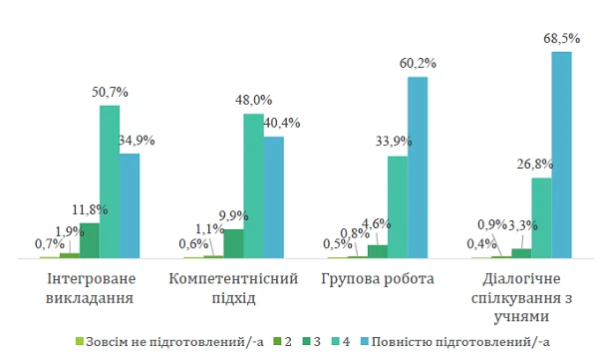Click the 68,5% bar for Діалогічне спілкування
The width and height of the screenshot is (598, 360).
point(561,155)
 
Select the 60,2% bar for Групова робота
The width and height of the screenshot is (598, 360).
point(417,168)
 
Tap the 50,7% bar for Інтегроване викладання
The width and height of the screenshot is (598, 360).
point(109,181)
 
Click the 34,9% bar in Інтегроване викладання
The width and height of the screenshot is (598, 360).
point(129,205)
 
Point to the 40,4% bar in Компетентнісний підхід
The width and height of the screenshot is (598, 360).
point(273,197)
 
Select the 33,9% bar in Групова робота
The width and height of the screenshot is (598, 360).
point(397,207)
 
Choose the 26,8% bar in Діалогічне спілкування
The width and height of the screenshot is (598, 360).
point(541,218)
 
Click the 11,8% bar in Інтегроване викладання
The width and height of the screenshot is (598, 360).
point(90,240)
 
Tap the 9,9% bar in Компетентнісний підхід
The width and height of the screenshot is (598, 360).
point(233,243)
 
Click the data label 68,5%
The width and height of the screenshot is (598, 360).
point(561,39)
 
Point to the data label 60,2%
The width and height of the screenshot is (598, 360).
point(417,64)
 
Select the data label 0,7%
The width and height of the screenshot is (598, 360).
point(50,243)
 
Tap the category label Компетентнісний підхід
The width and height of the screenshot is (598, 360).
point(234,288)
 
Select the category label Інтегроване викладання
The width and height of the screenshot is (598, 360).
point(90,288)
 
